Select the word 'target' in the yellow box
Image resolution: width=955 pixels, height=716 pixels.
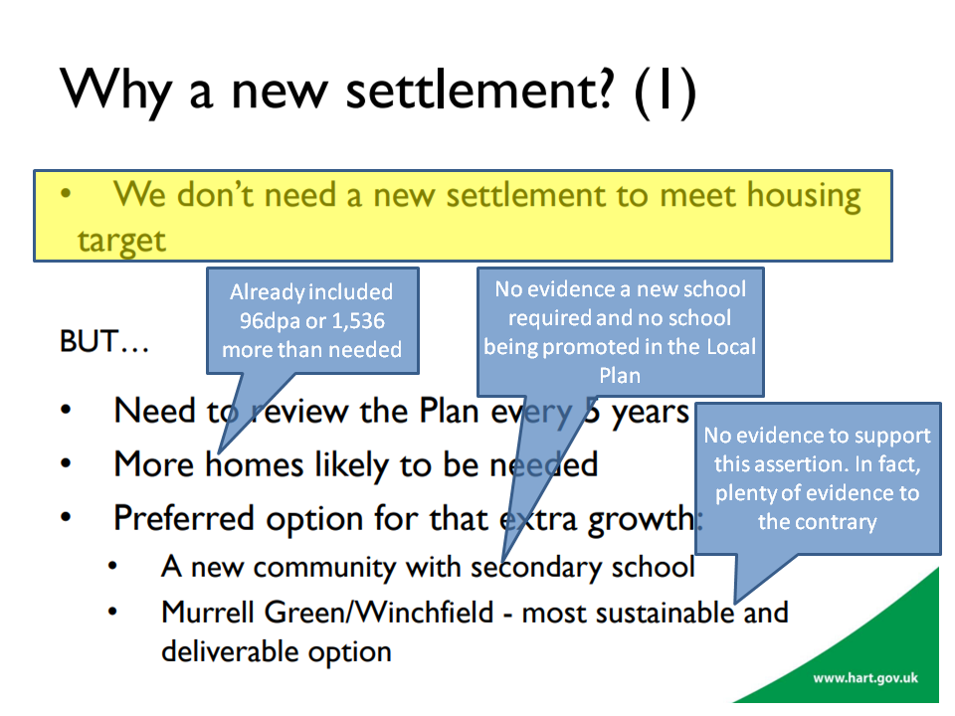click(121, 242)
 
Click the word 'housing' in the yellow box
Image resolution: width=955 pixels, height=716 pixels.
click(804, 197)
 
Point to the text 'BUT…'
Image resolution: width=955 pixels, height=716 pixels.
click(104, 341)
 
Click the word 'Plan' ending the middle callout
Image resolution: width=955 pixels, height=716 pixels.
click(620, 376)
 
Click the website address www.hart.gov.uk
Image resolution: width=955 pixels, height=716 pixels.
click(865, 678)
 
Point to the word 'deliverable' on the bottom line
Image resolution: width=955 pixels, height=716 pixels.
click(230, 651)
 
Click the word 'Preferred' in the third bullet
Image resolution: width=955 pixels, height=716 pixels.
click(183, 519)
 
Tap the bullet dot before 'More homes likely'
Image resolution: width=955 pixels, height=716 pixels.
click(66, 464)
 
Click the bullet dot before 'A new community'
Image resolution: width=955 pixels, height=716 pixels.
click(112, 566)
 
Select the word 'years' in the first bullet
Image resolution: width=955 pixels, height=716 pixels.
click(650, 413)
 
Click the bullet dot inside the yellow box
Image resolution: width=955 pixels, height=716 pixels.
click(66, 194)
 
